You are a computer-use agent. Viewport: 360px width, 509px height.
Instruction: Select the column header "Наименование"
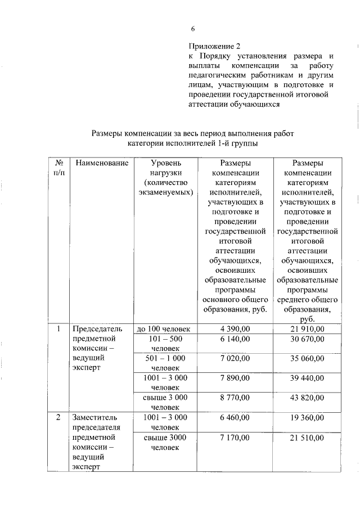point(102,163)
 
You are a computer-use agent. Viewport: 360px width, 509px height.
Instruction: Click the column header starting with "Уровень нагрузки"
point(166,177)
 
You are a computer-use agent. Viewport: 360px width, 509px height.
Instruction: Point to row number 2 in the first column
point(59,418)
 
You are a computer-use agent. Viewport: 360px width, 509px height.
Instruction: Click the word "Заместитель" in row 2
point(94,418)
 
